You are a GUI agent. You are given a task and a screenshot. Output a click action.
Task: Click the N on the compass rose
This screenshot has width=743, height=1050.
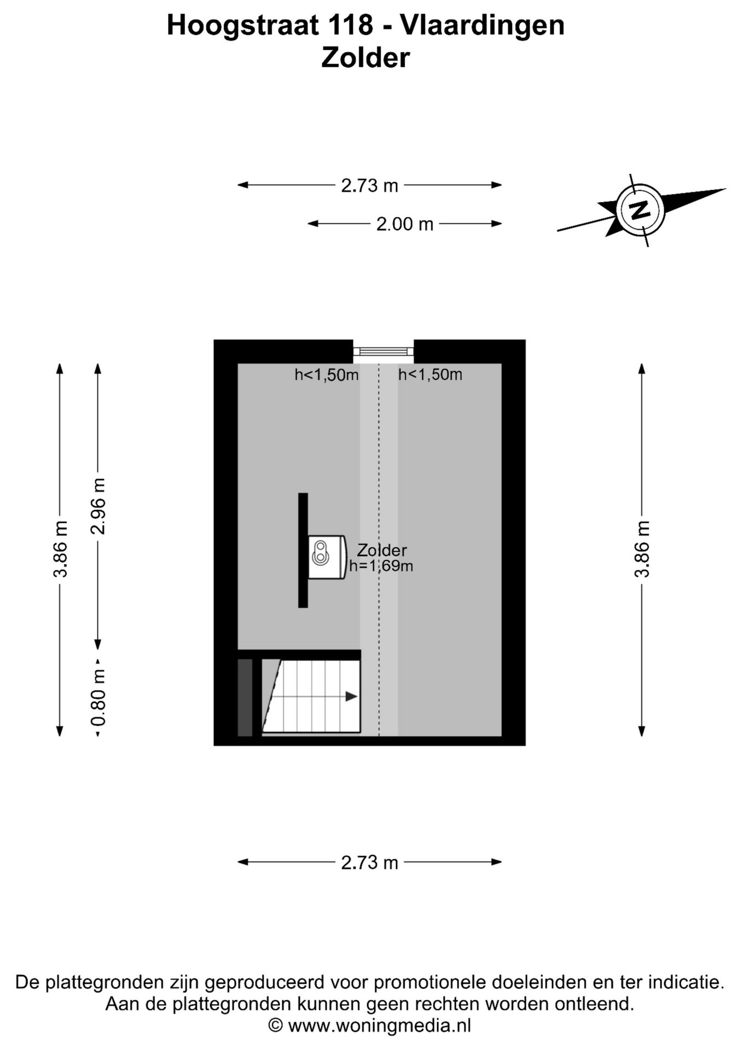(x=640, y=210)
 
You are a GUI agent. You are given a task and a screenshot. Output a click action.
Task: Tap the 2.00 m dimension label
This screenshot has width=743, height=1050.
(x=405, y=224)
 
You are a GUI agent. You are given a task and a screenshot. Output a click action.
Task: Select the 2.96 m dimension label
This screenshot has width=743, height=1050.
(x=98, y=506)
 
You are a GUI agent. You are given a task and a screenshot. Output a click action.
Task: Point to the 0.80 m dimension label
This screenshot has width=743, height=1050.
(x=98, y=698)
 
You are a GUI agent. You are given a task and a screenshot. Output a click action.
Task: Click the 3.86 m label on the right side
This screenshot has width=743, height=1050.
(x=642, y=549)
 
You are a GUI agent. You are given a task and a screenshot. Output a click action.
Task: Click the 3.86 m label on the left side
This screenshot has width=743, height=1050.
(x=60, y=549)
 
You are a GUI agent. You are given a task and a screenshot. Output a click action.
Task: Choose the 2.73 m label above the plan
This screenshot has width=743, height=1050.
(x=369, y=185)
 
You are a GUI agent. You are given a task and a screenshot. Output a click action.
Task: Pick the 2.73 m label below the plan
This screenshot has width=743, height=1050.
(x=369, y=862)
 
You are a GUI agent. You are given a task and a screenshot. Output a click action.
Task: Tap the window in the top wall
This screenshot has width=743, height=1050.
(x=383, y=351)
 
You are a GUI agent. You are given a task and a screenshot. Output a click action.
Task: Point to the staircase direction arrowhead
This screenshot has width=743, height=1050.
(x=351, y=696)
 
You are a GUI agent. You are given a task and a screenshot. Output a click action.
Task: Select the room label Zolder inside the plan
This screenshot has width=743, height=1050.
(x=382, y=550)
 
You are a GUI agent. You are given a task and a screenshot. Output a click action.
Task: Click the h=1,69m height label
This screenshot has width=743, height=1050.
(x=381, y=566)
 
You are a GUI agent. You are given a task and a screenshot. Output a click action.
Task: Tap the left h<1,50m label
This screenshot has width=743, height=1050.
(x=327, y=375)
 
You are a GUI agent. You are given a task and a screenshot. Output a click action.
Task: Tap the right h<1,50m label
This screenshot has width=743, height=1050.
(x=430, y=375)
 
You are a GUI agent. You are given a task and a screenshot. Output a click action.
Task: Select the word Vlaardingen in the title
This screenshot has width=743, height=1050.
(x=482, y=26)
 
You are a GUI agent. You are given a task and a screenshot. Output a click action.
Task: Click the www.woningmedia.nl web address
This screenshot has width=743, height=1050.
(x=379, y=1025)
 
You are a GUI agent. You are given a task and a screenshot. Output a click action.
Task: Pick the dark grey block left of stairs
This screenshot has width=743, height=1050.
(x=245, y=697)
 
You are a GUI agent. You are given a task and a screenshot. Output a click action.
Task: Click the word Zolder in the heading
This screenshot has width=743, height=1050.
(x=365, y=57)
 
